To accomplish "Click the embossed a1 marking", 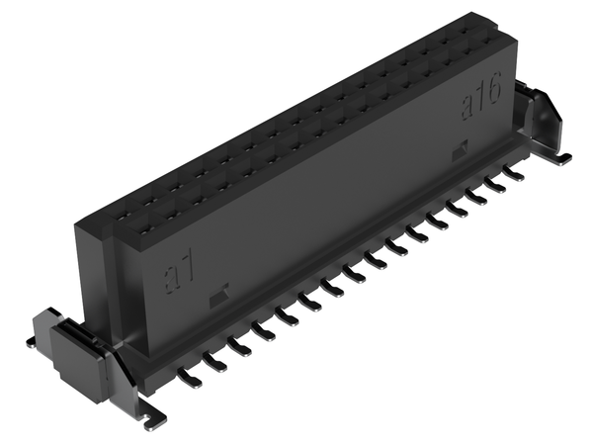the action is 179,271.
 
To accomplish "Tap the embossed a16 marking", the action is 481,95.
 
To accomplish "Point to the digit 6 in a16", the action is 494,89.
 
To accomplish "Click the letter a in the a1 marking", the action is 171,280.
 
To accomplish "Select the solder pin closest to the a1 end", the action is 190,378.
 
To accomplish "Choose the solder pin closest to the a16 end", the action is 514,172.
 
